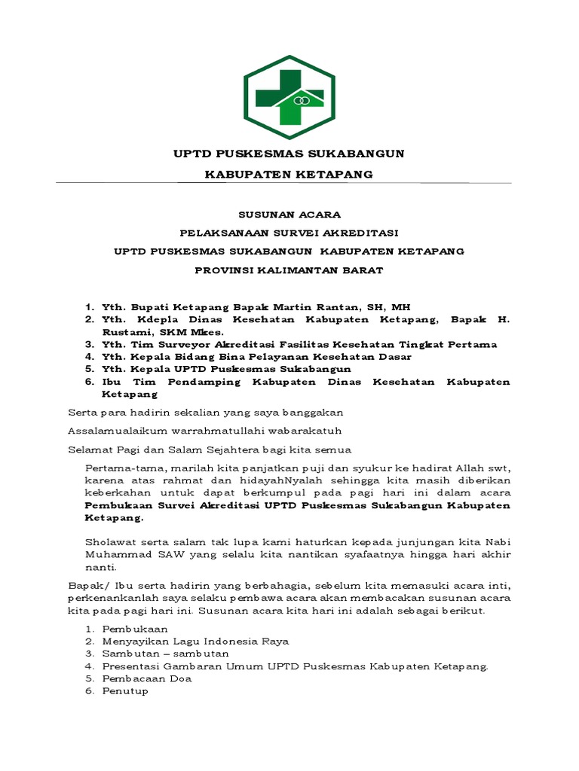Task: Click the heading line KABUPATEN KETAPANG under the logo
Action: [x=289, y=174]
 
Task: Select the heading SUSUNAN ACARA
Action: [x=289, y=215]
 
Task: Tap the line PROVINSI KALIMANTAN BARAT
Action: [x=289, y=270]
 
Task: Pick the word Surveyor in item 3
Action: [x=173, y=344]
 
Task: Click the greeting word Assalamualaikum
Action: [x=112, y=431]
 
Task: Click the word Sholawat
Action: [x=110, y=541]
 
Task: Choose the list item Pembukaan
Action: [x=135, y=628]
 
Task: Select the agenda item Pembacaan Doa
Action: [x=147, y=678]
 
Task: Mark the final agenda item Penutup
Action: [x=125, y=690]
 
